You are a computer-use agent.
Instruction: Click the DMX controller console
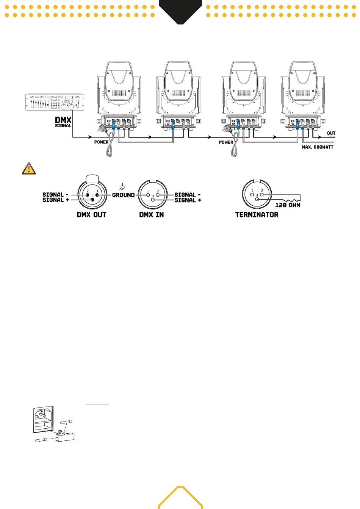(x=55, y=102)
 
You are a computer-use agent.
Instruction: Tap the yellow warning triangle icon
(x=29, y=169)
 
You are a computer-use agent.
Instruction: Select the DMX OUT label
(x=91, y=215)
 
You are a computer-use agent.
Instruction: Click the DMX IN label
(x=152, y=215)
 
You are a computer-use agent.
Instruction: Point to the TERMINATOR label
(x=257, y=215)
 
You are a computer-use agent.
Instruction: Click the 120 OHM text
(x=288, y=205)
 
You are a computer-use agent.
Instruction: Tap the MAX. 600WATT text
(x=318, y=147)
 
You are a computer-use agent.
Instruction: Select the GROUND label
(x=123, y=195)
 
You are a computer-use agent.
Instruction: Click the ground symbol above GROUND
(x=122, y=186)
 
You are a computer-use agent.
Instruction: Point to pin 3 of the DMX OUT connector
(x=92, y=200)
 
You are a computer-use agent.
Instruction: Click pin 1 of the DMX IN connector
(x=148, y=195)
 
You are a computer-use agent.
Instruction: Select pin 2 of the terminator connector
(x=262, y=195)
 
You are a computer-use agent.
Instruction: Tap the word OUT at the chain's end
(x=331, y=133)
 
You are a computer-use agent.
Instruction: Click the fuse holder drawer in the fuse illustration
(x=65, y=436)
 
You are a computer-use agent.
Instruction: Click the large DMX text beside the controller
(x=63, y=120)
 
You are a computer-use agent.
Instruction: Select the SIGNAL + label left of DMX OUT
(x=56, y=200)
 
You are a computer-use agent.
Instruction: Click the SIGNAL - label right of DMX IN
(x=188, y=195)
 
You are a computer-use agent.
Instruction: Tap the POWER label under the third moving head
(x=226, y=142)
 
